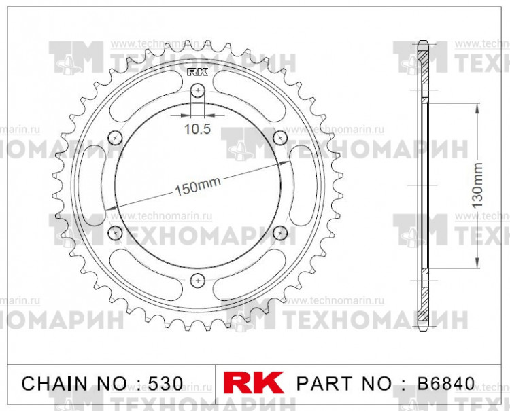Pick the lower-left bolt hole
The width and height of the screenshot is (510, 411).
coord(115,233)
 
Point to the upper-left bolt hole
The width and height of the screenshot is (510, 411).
coord(115,138)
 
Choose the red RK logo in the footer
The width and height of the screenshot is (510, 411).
coord(254,382)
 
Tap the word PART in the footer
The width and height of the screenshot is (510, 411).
coord(319,382)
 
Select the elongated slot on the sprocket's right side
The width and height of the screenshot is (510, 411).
coord(299,185)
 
